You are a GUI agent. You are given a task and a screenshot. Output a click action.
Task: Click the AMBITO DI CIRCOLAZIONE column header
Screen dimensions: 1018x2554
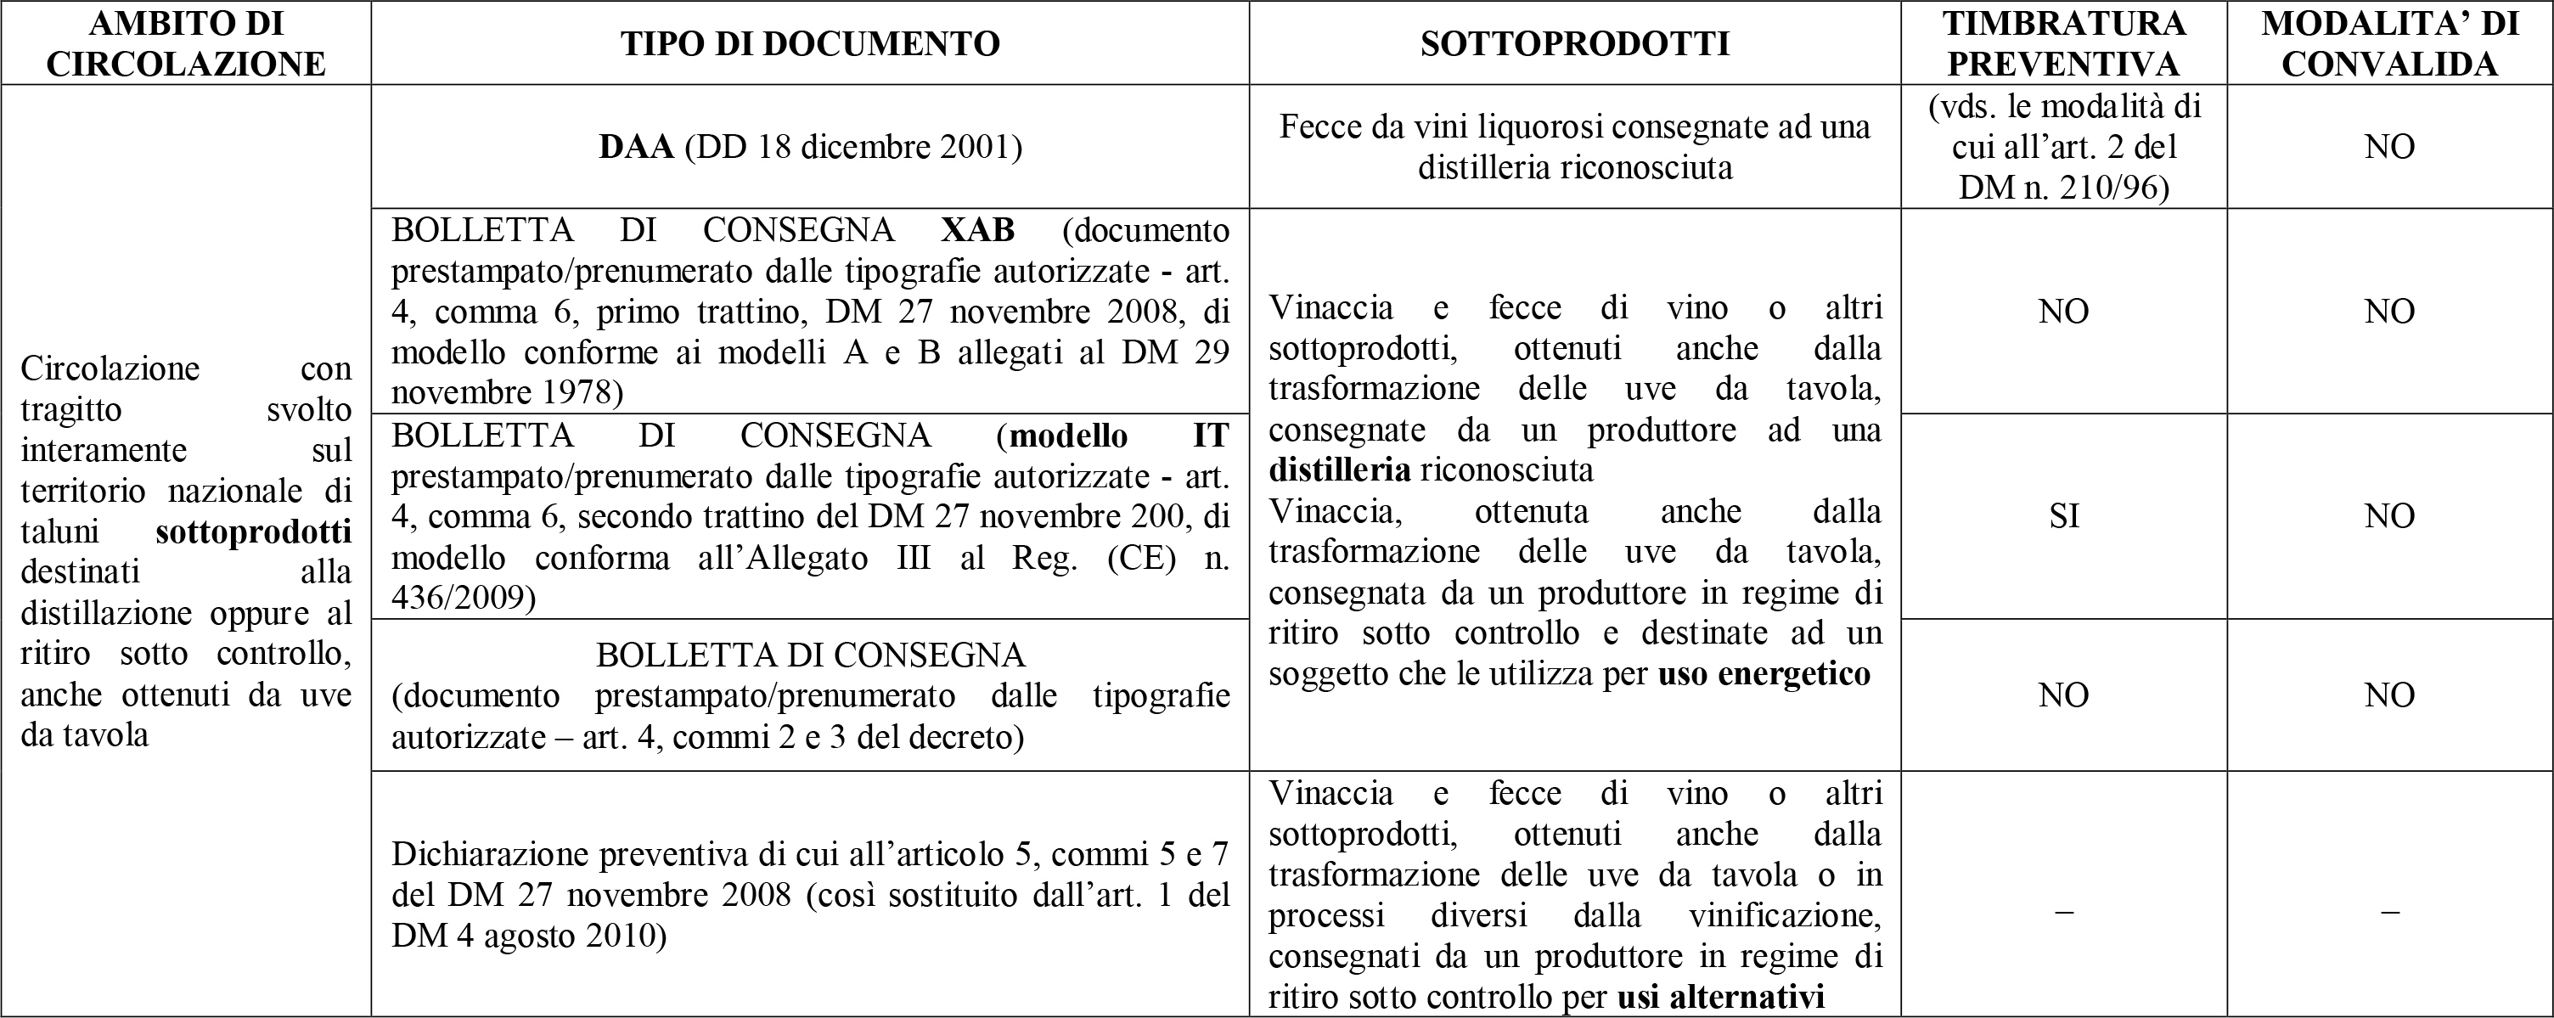(x=187, y=42)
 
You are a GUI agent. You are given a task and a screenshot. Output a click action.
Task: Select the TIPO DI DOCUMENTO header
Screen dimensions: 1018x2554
(x=810, y=43)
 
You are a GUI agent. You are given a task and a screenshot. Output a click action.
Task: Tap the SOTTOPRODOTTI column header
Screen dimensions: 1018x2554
(x=1574, y=43)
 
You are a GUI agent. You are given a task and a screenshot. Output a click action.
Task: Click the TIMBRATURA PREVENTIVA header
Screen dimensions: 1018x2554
(x=2063, y=42)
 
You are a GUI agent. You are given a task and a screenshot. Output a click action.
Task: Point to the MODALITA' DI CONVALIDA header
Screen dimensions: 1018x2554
(x=2389, y=42)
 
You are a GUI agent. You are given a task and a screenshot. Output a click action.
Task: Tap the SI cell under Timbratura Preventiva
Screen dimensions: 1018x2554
(x=2063, y=515)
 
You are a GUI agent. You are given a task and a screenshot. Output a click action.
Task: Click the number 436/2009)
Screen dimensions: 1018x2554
(x=463, y=599)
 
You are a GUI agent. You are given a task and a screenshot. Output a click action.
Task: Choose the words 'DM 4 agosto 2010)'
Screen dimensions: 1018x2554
(x=528, y=936)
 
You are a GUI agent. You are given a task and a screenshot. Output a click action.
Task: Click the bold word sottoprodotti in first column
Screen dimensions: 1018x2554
(x=254, y=532)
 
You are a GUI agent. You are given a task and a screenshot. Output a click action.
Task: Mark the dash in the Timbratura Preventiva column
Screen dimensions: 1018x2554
(x=2063, y=911)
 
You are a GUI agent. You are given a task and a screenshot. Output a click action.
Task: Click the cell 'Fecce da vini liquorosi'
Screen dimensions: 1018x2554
(x=1574, y=147)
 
